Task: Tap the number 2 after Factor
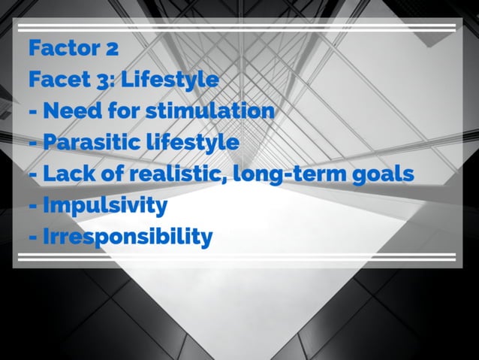coord(111,50)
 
